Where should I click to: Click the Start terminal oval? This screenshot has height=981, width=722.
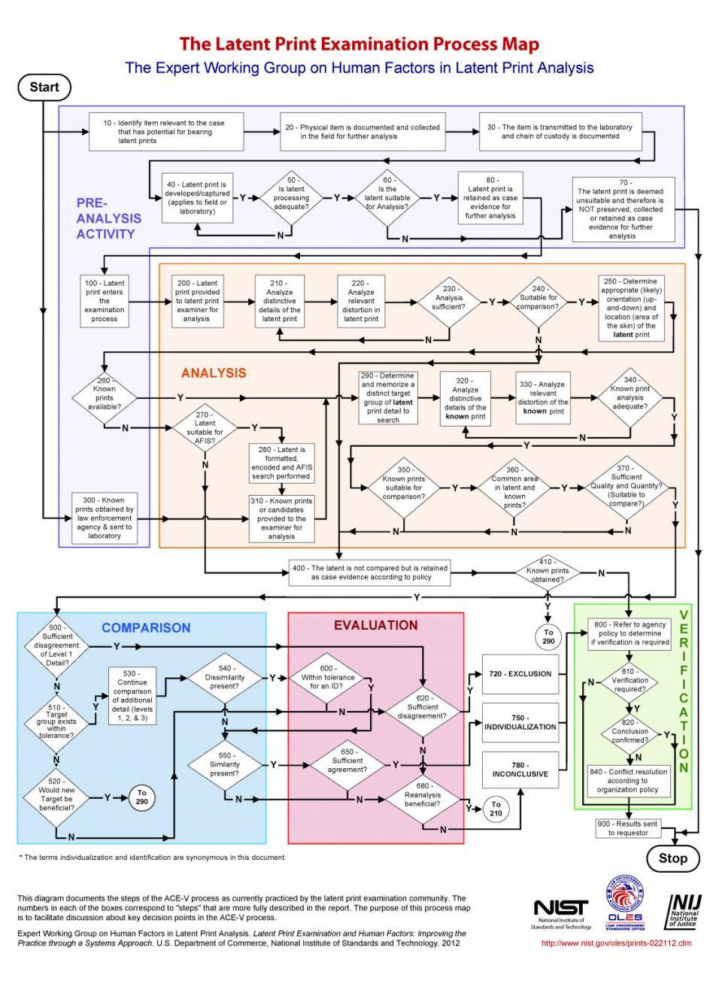(x=44, y=87)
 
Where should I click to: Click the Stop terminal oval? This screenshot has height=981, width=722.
(x=672, y=858)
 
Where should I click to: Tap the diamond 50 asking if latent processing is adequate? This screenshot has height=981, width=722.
(x=291, y=198)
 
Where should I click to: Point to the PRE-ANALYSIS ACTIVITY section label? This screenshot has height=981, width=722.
(x=108, y=218)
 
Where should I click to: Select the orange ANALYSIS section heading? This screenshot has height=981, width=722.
(x=214, y=373)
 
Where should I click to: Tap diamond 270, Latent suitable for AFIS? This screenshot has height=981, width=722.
(x=205, y=427)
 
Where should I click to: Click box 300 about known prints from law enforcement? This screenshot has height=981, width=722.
(x=105, y=518)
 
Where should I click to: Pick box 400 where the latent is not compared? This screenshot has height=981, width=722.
(x=370, y=573)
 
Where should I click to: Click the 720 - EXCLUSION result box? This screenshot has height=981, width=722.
(x=520, y=674)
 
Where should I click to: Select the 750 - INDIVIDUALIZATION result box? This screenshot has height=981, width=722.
(x=520, y=722)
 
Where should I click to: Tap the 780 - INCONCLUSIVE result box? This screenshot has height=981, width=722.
(x=520, y=770)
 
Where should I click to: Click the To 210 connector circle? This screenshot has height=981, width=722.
(x=496, y=809)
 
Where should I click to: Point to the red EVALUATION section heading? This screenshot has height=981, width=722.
(x=375, y=625)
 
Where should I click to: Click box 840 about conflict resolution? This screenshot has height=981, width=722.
(x=627, y=781)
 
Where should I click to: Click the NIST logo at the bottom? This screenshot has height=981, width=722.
(x=560, y=910)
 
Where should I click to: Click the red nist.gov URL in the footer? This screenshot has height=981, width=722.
(x=616, y=943)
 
